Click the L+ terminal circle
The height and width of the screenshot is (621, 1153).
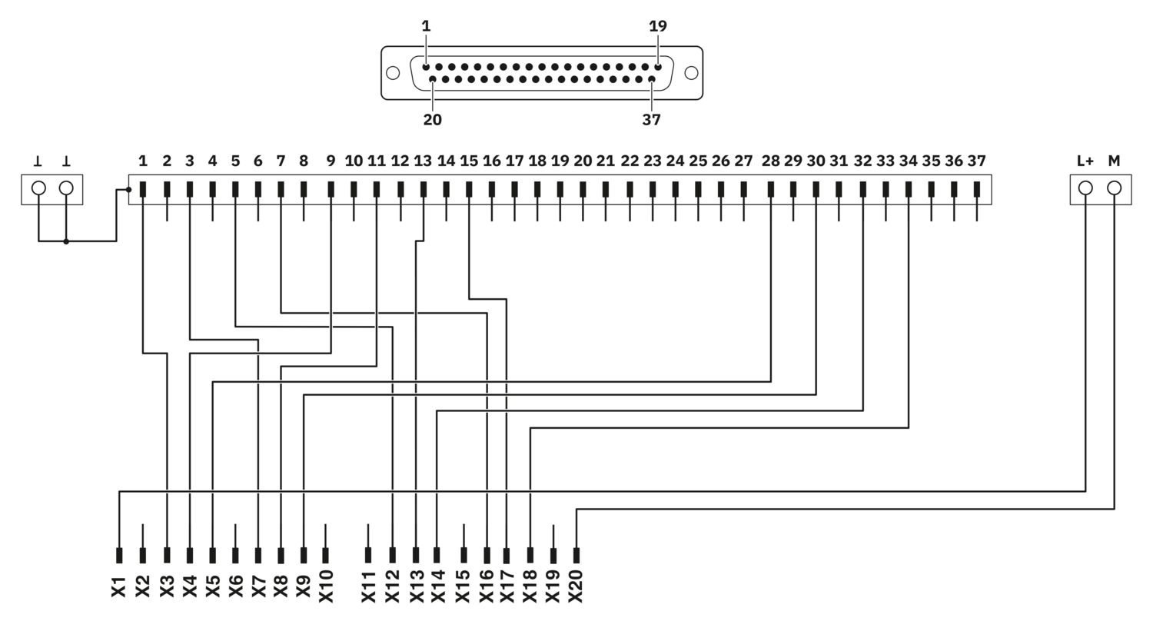click(1085, 188)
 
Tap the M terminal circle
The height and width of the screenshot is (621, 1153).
click(1114, 188)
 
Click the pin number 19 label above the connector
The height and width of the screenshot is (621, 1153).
click(658, 25)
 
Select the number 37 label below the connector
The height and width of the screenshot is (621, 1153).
click(651, 120)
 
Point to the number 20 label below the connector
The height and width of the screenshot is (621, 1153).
click(432, 120)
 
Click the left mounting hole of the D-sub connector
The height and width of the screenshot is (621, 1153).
click(393, 73)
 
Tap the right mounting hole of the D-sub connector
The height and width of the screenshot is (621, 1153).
click(691, 73)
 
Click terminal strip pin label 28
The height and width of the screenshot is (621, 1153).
click(770, 161)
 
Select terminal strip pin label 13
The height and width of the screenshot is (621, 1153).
click(423, 161)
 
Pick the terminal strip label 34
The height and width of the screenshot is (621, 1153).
click(908, 161)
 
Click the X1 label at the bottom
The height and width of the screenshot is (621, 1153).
click(119, 587)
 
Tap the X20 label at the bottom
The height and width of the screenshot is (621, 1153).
click(576, 586)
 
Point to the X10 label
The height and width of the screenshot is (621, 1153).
click(327, 586)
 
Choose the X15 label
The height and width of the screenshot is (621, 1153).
click(463, 586)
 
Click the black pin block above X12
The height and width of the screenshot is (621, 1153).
click(393, 555)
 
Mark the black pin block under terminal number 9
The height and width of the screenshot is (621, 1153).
click(331, 189)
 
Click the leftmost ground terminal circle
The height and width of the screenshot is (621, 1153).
click(38, 188)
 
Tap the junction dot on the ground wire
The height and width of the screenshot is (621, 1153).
click(66, 241)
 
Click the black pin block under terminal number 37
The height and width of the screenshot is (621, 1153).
click(977, 189)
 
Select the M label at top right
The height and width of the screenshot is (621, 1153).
click(1114, 161)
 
